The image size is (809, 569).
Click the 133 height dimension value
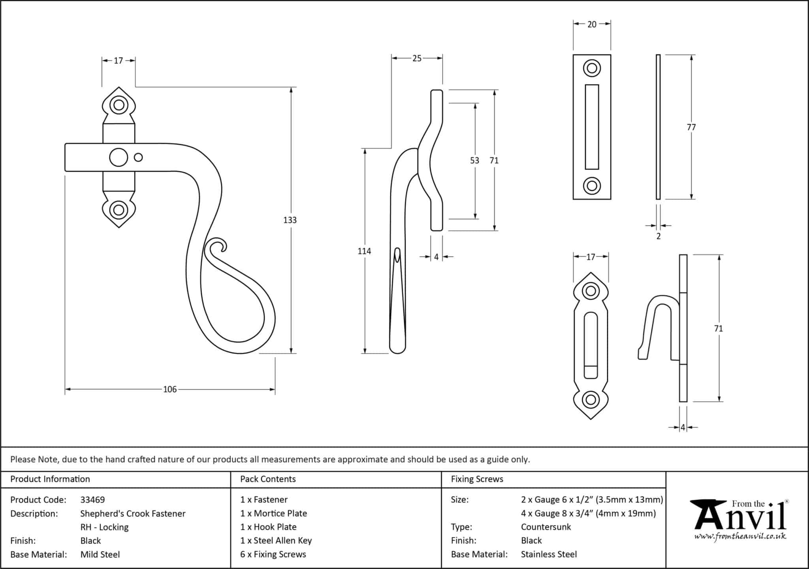[290, 220]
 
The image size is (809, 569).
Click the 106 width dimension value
[170, 390]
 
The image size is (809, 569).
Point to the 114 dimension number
[364, 251]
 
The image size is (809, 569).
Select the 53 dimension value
[474, 160]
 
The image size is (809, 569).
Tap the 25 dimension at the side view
[417, 58]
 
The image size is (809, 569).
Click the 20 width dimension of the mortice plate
[592, 24]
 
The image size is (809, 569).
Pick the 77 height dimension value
[691, 127]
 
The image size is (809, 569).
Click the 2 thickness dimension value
[658, 236]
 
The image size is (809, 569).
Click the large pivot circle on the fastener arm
[119, 158]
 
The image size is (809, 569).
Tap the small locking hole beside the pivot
[138, 158]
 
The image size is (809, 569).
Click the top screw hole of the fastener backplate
[119, 106]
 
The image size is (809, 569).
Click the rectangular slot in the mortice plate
[592, 127]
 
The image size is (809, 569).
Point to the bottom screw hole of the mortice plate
[592, 186]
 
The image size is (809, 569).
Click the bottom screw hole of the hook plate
[591, 399]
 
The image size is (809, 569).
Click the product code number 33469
[92, 500]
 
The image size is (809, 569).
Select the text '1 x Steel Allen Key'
[276, 541]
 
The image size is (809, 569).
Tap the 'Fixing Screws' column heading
[477, 479]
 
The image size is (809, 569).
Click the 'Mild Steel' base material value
[100, 554]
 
